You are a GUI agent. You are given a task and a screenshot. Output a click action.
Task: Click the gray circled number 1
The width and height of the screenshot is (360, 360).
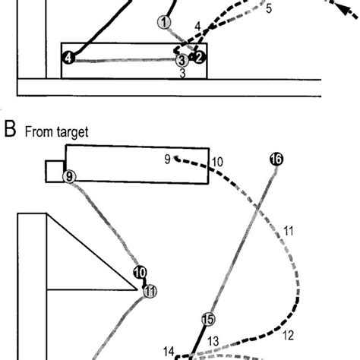coord(163,22)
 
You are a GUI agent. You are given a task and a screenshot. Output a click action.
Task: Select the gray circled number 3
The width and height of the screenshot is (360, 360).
coord(182,59)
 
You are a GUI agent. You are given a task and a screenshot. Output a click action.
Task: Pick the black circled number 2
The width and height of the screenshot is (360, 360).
coord(198,57)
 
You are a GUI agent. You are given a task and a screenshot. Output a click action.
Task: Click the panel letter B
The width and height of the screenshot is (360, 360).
coord(10,131)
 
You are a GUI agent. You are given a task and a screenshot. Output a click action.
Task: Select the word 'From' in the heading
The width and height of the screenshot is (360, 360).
coord(39,132)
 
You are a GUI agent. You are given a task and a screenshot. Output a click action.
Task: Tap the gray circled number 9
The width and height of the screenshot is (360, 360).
coord(70,177)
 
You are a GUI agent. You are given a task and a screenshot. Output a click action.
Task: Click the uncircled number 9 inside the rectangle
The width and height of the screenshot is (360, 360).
coord(166,159)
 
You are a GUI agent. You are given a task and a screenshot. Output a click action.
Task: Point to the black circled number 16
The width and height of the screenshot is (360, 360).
coord(276,159)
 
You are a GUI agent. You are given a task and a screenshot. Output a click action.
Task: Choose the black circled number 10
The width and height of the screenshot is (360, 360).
coord(140,273)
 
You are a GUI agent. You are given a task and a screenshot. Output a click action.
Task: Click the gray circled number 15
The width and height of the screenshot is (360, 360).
coord(207,320)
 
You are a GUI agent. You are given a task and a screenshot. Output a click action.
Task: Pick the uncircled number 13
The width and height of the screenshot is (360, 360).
coord(213,341)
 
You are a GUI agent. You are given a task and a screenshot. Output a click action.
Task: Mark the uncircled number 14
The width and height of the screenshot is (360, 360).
coord(169,351)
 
